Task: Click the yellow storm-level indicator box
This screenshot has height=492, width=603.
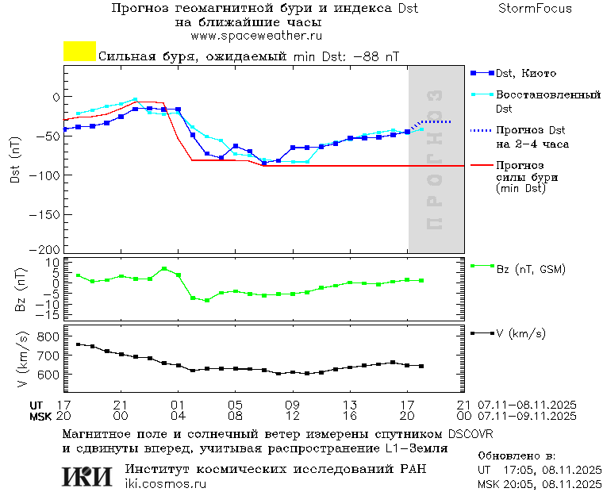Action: coord(79,52)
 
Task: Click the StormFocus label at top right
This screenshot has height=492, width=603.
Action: coord(535,9)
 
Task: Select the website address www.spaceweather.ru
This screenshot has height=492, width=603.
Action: coord(256,36)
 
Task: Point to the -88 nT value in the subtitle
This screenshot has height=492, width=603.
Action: coord(376,57)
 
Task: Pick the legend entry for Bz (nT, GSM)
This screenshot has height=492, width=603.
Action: coord(530,269)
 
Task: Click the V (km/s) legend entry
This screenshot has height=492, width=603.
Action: coord(520,334)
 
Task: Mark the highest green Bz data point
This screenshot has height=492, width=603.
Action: coord(163,269)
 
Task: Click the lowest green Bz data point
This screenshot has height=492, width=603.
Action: coord(207,301)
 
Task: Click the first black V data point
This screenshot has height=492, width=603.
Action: coord(78,344)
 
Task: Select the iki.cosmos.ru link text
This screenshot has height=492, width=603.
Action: coord(166,484)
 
